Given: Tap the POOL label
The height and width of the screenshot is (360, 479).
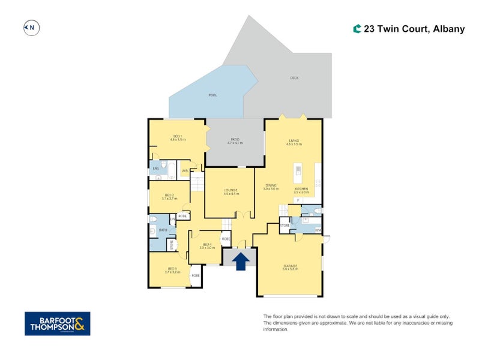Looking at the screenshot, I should (x=212, y=95).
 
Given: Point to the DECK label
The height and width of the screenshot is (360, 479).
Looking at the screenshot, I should (x=294, y=78).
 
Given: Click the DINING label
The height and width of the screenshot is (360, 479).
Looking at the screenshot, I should (x=271, y=187).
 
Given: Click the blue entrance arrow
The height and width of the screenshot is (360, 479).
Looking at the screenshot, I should (x=241, y=261).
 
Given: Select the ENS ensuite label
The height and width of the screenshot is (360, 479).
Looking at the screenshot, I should (x=155, y=169).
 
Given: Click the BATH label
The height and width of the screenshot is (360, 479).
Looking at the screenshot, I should (x=163, y=230).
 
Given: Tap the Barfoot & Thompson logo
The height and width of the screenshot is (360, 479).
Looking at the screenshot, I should (x=57, y=323).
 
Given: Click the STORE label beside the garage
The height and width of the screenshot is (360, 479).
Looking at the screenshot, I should (x=285, y=226).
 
